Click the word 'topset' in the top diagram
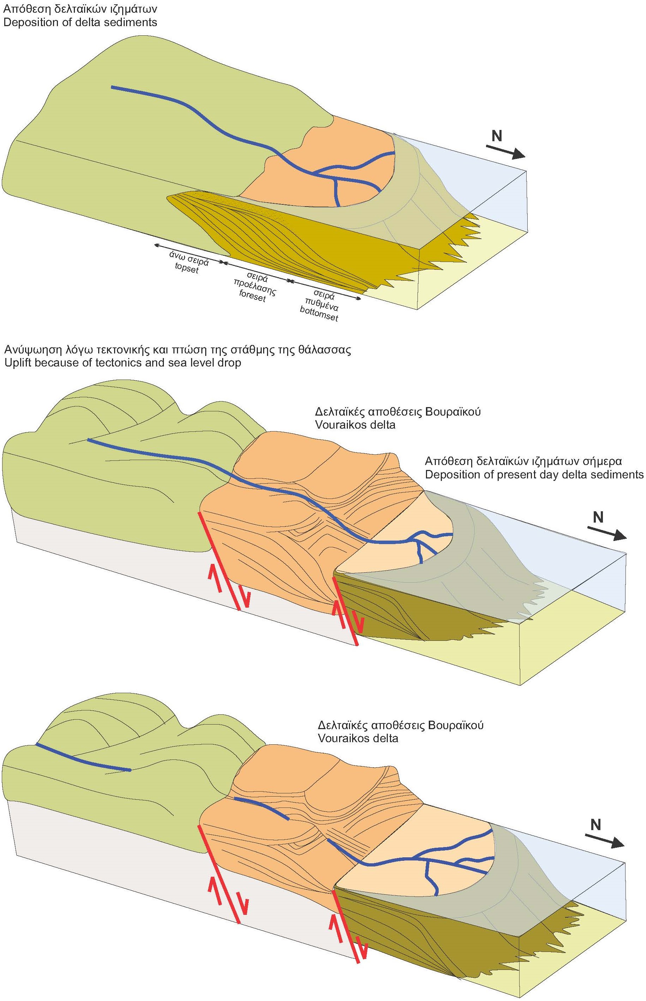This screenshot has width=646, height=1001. click(x=187, y=269)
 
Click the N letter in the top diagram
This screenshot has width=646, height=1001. click(x=497, y=136)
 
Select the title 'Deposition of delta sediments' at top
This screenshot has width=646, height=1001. click(x=80, y=22)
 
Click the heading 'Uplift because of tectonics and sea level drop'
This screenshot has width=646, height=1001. click(x=123, y=362)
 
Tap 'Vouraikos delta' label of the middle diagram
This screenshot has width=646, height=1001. click(x=355, y=424)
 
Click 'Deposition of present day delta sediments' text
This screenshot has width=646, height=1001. click(x=534, y=474)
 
